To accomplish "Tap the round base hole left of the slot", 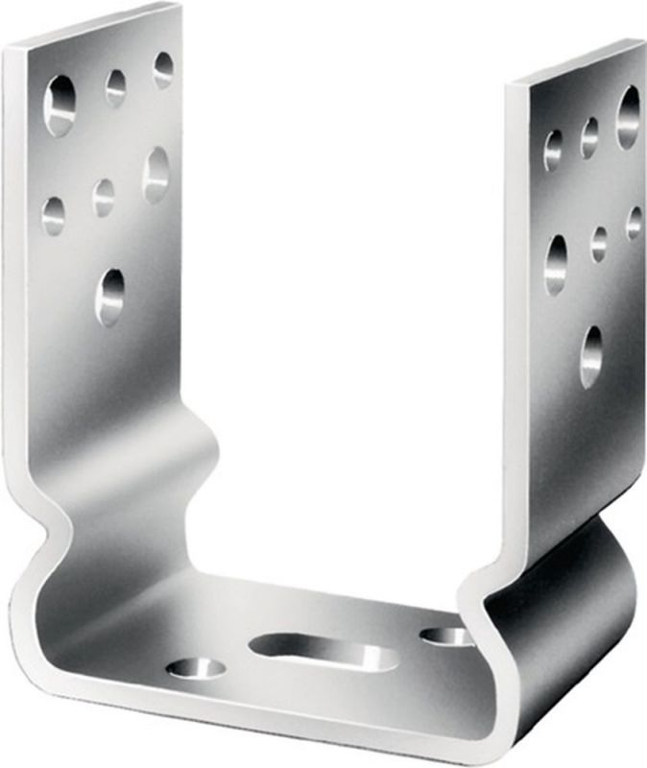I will coord(197,667).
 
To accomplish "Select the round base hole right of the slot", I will coord(445,636).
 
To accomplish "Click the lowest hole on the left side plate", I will coord(110,295).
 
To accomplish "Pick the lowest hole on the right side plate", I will coord(591,356).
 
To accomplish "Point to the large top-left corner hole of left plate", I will coord(60,105).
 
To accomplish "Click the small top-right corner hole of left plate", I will coord(163,69).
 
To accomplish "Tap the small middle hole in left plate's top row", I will coord(116,87).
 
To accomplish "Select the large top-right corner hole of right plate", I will coord(628,117).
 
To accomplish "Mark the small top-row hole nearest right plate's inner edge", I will coord(554,150).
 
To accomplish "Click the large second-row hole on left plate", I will coord(156,174).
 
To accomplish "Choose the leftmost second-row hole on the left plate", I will coord(54,215).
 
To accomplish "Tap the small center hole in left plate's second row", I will coord(104,197).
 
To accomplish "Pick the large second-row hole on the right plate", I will coord(556,264).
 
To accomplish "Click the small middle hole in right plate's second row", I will coord(599,243).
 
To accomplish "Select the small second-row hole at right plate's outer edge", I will coord(634,223).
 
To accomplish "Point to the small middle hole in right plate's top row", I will coord(589,137).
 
